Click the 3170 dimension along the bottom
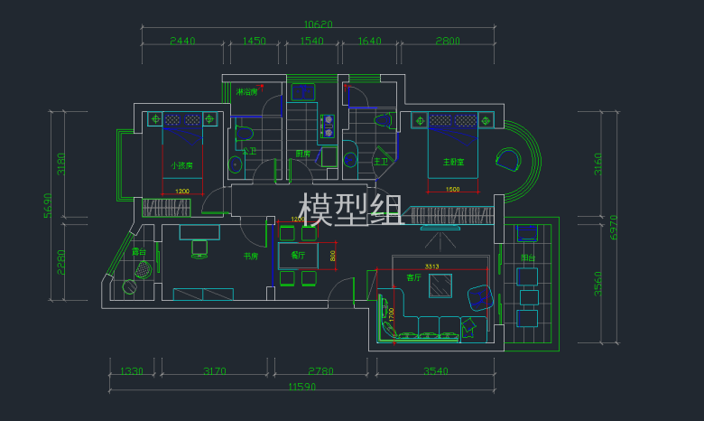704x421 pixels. (215, 371)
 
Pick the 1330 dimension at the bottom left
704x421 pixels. (132, 371)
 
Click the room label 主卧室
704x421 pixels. (453, 163)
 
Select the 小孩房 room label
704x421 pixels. (182, 165)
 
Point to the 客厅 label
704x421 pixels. (413, 277)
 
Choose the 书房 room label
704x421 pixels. (251, 257)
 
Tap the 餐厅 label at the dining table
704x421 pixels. (298, 255)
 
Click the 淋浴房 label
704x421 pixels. (246, 92)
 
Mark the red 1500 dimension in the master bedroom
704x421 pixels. (453, 189)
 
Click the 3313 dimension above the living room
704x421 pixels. (431, 267)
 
